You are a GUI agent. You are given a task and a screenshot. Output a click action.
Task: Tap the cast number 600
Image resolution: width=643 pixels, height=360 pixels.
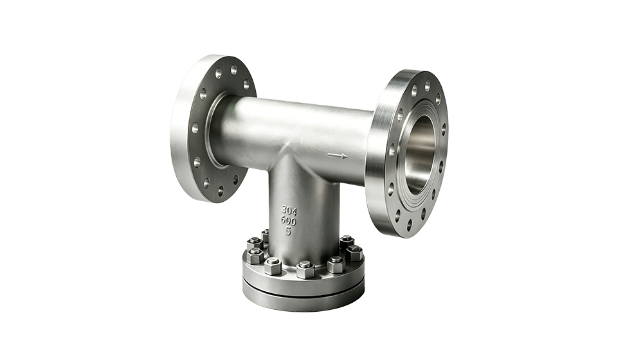tap(288, 221)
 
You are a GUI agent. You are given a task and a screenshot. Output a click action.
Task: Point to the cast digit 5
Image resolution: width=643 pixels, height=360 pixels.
tap(288, 231)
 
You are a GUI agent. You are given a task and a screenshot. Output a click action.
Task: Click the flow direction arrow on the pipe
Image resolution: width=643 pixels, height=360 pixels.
tap(338, 156)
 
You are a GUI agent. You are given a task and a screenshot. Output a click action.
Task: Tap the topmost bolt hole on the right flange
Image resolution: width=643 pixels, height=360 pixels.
tap(427, 85)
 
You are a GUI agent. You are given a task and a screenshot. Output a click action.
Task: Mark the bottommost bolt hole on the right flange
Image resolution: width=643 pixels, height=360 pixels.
tap(409, 224)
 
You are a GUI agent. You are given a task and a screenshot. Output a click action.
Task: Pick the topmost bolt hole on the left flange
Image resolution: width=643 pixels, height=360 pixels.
tap(234, 69)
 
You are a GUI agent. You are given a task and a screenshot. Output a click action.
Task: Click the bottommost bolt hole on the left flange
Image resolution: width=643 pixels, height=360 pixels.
tap(221, 190)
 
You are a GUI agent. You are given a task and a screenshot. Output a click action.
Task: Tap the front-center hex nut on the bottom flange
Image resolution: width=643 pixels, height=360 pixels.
tap(305, 269)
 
